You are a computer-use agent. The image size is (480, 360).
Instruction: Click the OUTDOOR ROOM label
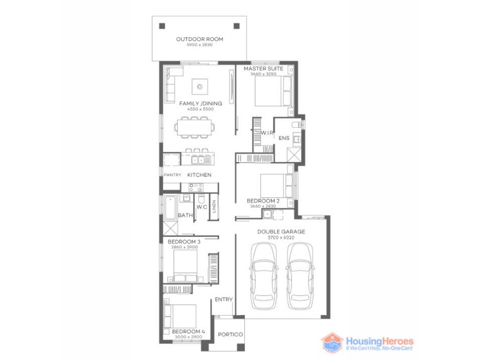199,40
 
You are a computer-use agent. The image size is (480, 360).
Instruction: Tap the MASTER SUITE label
263,69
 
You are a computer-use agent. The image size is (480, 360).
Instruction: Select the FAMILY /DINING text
200,103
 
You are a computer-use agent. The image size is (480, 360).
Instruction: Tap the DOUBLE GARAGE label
281,232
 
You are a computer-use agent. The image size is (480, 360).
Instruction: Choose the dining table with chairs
194,127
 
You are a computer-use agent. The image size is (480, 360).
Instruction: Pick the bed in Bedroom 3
185,264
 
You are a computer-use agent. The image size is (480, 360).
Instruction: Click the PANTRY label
173,175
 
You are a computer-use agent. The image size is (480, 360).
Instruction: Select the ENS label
284,139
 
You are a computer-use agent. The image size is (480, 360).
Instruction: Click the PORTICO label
230,334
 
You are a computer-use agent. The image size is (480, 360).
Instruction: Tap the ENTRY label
223,299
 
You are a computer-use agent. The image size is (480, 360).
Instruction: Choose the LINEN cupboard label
214,207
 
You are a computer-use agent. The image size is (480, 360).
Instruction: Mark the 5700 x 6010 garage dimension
281,238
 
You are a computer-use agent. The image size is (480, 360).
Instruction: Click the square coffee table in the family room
199,88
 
